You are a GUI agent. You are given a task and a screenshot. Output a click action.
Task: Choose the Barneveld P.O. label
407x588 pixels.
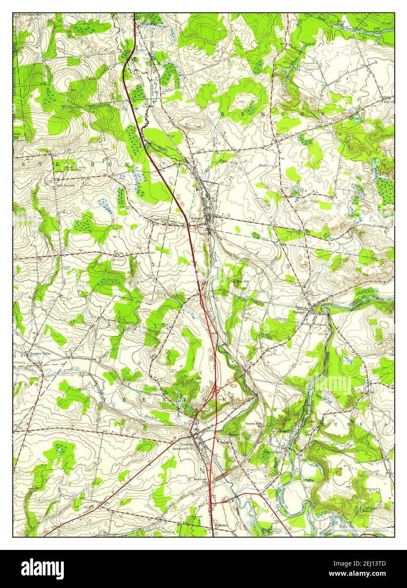(x=186, y=449)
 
